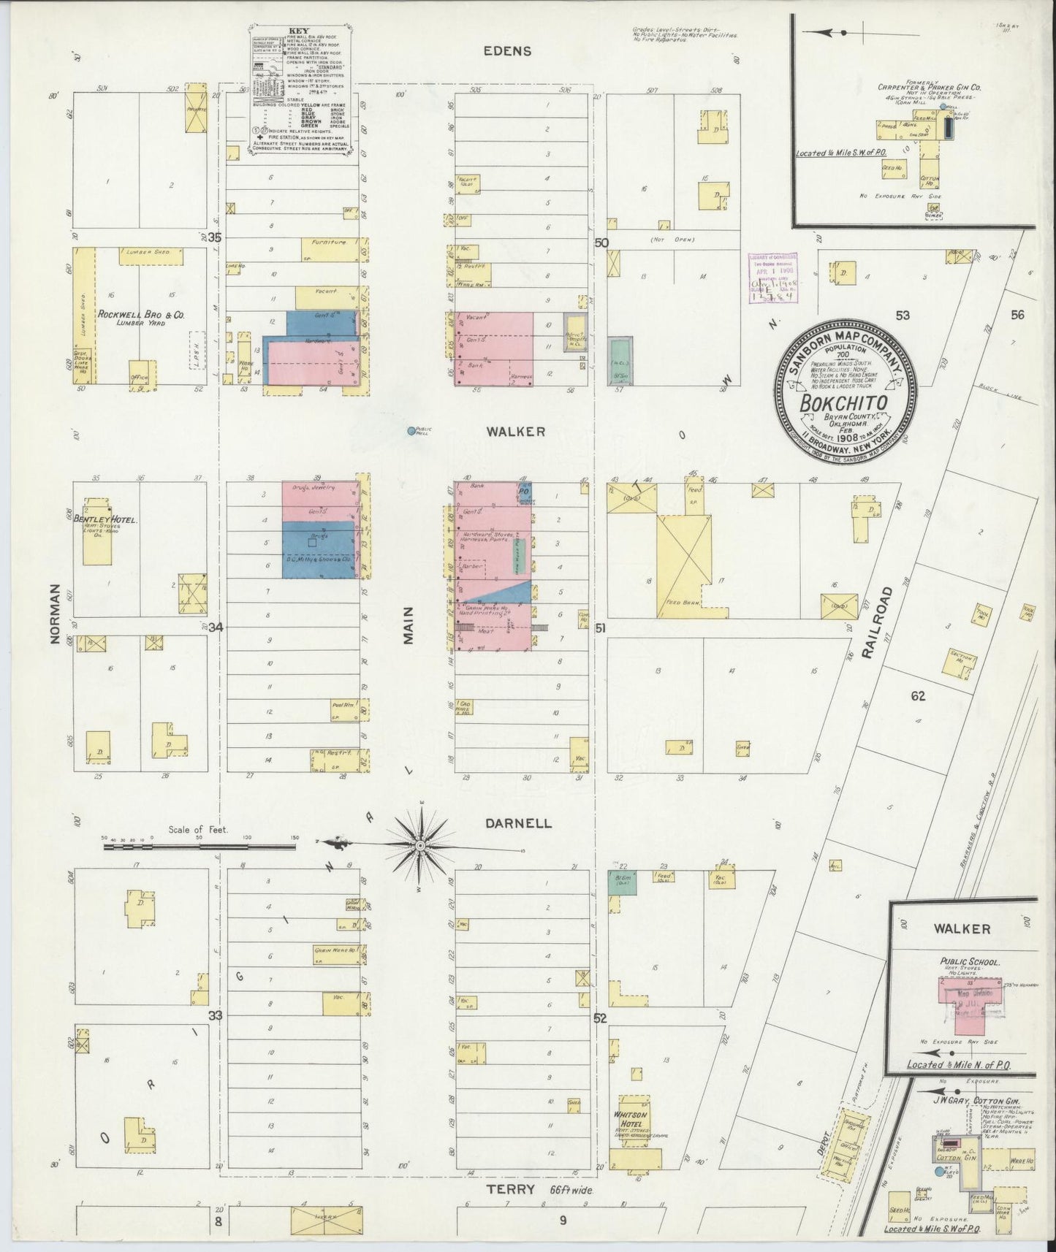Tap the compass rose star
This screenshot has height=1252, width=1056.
pos(420,846)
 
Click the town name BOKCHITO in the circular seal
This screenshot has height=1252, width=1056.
pos(843,404)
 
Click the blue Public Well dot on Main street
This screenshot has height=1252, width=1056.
pos(411,431)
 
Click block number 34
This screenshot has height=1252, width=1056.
pos(215,627)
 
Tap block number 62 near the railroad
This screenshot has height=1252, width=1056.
pos(918,696)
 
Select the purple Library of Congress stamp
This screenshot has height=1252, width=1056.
pos(772,277)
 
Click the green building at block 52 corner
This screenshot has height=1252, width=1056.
pos(622,882)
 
